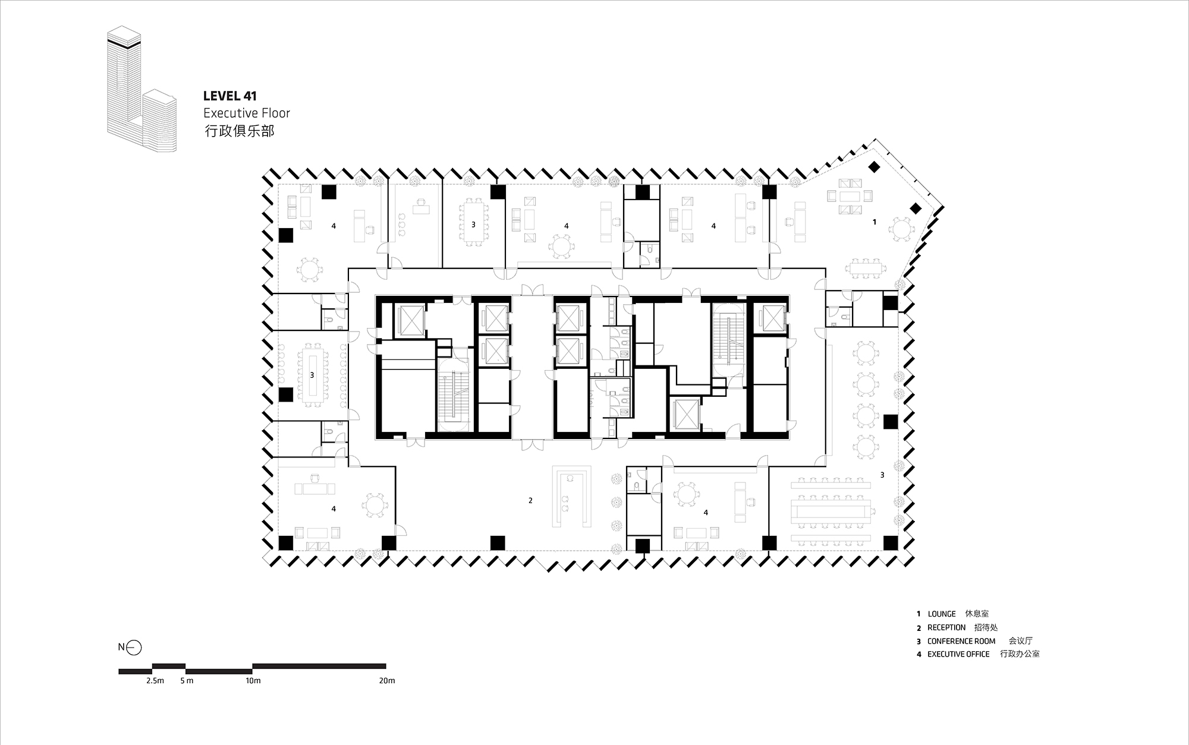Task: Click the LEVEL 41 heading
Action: point(229,96)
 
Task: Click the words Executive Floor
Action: point(246,113)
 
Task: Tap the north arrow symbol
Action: point(134,647)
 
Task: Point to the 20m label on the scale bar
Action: point(387,681)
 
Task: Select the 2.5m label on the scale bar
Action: point(155,681)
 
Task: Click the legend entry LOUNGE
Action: point(942,614)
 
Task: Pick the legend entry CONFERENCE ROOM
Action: point(961,641)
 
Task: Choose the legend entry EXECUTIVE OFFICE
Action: point(958,654)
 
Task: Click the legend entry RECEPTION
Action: point(946,627)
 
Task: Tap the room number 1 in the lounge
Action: point(874,222)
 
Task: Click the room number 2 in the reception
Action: point(530,500)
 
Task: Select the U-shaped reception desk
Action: point(571,497)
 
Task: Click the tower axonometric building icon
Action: point(141,89)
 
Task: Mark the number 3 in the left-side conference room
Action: point(312,375)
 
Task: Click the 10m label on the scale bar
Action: point(253,681)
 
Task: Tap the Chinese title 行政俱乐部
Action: point(239,131)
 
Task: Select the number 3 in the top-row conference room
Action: point(473,225)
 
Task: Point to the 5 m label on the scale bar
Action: point(187,681)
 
